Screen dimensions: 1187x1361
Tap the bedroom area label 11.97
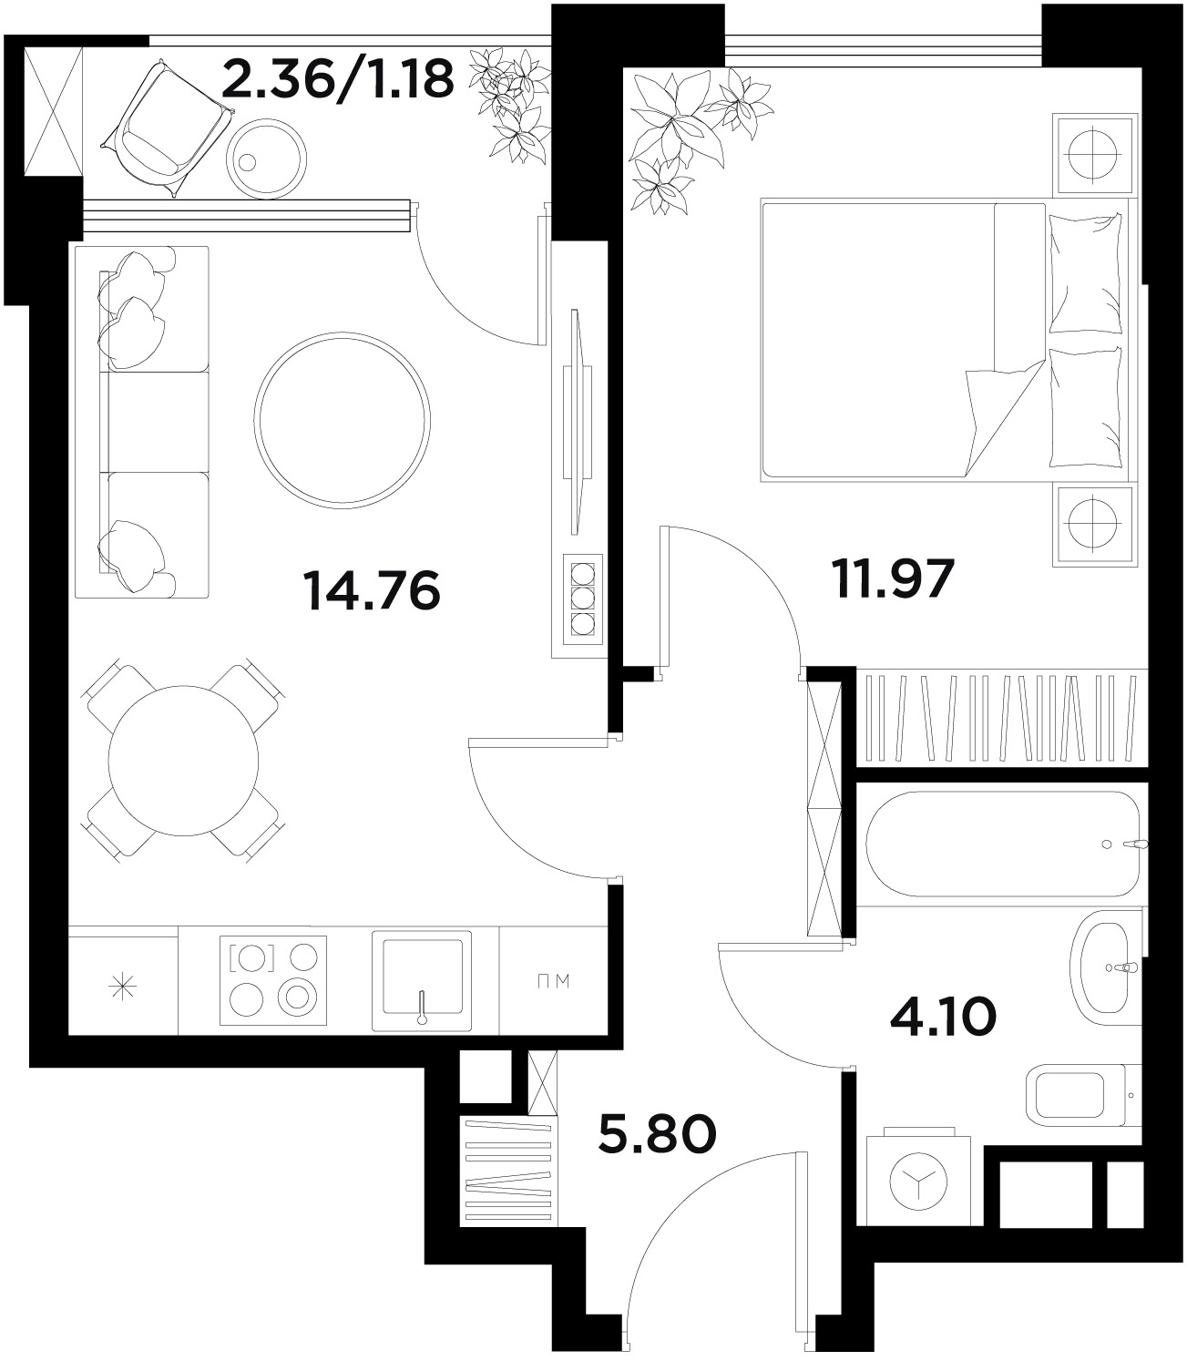[x=893, y=578]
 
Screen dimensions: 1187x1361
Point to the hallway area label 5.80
[x=657, y=1134]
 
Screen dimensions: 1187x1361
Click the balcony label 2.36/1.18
[x=338, y=79]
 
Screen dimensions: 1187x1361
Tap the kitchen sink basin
[x=422, y=981]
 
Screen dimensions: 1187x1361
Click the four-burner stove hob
[x=273, y=980]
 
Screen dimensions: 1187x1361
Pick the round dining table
[x=183, y=761]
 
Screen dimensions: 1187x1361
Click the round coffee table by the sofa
[x=343, y=420]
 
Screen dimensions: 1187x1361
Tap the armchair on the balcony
[x=166, y=128]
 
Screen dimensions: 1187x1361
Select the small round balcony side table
[x=266, y=159]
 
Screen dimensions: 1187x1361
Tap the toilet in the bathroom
[x=1082, y=1095]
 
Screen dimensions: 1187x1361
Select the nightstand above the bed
[x=1092, y=155]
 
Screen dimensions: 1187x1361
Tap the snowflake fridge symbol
[x=124, y=987]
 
